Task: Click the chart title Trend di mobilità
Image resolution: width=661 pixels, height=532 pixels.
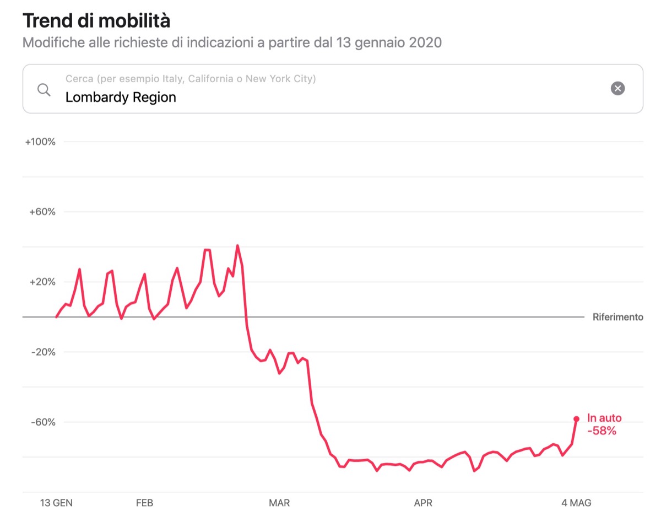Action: tap(96, 21)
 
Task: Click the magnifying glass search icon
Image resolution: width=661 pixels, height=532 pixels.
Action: tap(44, 90)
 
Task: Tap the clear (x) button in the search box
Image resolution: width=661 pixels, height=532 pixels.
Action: tap(618, 88)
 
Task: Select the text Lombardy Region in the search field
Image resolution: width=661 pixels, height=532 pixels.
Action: tap(121, 98)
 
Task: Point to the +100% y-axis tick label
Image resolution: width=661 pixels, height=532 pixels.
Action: tap(40, 142)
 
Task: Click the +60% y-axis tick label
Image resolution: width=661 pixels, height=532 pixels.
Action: tap(42, 212)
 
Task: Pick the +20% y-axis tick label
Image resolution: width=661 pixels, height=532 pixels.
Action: tap(42, 282)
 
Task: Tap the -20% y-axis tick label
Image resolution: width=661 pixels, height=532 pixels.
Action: tap(43, 352)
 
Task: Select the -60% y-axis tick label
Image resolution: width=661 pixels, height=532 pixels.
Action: tap(43, 422)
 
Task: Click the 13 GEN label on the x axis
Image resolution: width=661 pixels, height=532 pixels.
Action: tap(56, 503)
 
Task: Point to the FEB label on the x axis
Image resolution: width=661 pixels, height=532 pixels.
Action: tap(144, 503)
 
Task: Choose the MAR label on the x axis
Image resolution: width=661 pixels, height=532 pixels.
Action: tap(279, 503)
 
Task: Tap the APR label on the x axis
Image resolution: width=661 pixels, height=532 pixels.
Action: tap(423, 503)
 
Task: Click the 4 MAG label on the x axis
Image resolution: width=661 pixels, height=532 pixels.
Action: tap(576, 503)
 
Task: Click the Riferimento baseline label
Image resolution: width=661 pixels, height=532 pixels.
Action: tap(617, 317)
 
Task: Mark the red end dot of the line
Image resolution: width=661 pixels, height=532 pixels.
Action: tap(576, 419)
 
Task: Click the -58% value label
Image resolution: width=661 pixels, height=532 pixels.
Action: tap(602, 431)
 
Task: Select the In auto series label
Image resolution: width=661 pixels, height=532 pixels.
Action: tap(604, 418)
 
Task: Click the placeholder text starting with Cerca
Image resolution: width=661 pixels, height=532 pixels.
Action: tap(191, 79)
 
